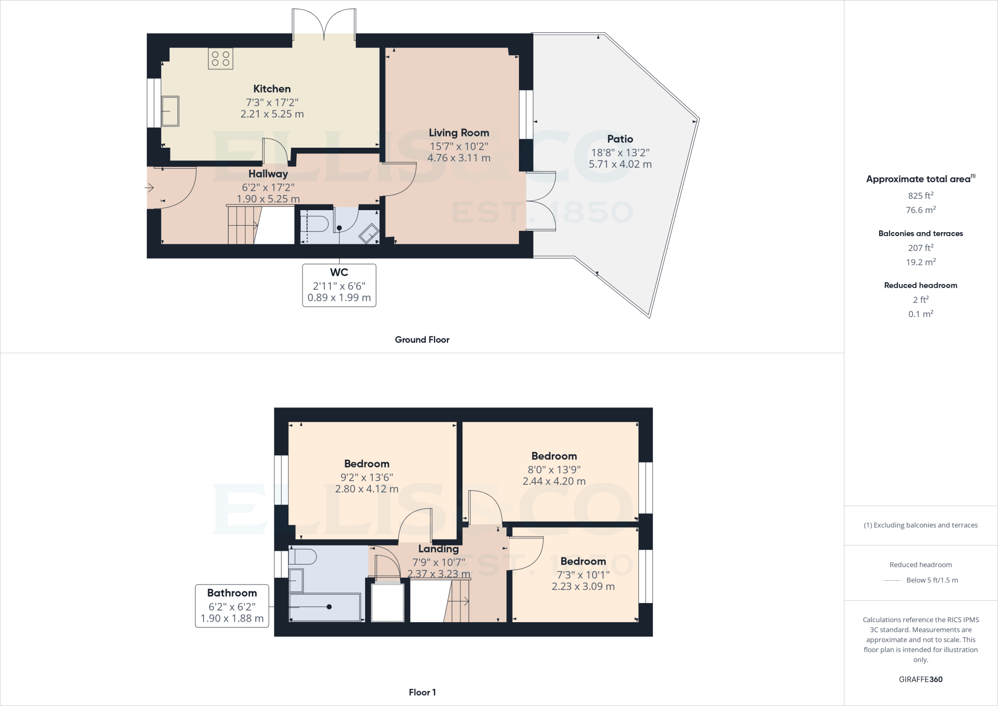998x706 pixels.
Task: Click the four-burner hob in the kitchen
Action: coord(220,59)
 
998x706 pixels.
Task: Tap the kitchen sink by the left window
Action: coord(170,111)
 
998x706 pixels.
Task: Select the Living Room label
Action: coord(459,133)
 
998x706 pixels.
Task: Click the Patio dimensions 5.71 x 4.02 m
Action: coord(620,164)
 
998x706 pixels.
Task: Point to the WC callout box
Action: coord(339,285)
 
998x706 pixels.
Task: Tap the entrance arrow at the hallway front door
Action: coord(150,188)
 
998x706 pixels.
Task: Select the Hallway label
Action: coord(268,174)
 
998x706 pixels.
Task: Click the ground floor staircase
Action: coord(243,225)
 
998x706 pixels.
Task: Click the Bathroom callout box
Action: coord(232,606)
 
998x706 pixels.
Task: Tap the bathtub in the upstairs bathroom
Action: coord(325,607)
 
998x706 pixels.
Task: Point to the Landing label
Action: coord(438,549)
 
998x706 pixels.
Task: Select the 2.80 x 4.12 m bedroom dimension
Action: coord(366,489)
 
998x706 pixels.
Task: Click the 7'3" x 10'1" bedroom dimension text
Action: coord(583,575)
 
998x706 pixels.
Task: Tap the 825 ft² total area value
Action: coord(920,196)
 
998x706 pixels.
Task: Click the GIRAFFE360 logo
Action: coord(920,679)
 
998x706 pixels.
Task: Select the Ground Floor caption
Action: coord(422,340)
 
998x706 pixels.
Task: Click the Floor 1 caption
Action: coord(422,692)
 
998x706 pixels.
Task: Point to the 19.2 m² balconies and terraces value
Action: coord(920,262)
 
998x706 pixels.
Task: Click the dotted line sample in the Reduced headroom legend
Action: coord(892,580)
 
